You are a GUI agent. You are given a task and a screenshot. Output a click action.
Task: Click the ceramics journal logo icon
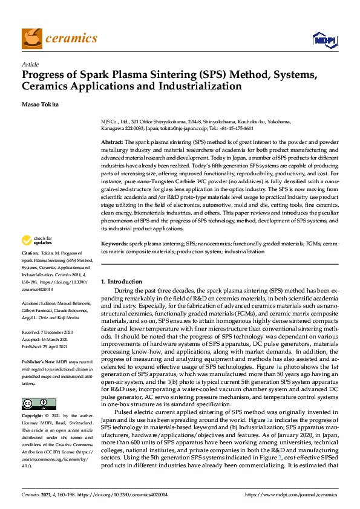[32, 38]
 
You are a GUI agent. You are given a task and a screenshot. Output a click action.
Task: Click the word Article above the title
[30, 65]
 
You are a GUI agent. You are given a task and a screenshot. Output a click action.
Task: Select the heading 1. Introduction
[122, 282]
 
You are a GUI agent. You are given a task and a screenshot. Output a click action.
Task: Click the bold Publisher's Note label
[39, 361]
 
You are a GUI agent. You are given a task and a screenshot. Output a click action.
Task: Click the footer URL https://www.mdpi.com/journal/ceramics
[291, 495]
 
